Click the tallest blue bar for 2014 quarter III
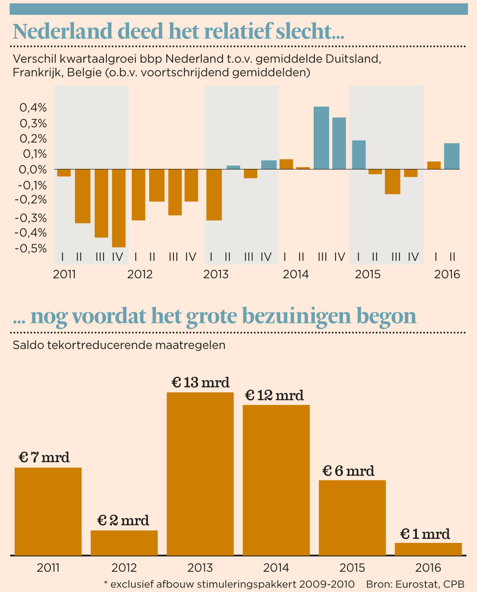[x=321, y=138]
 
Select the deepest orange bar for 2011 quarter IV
[x=119, y=208]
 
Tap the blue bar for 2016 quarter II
[x=451, y=156]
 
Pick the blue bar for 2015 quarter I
[x=359, y=155]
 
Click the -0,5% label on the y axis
[x=31, y=248]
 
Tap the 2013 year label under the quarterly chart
[x=216, y=275]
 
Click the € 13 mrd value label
[x=200, y=383]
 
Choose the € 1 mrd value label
[x=425, y=534]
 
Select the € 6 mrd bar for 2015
[x=352, y=517]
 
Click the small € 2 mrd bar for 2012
[x=124, y=542]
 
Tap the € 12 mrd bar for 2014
[x=276, y=480]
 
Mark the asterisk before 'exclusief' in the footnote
[x=106, y=583]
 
